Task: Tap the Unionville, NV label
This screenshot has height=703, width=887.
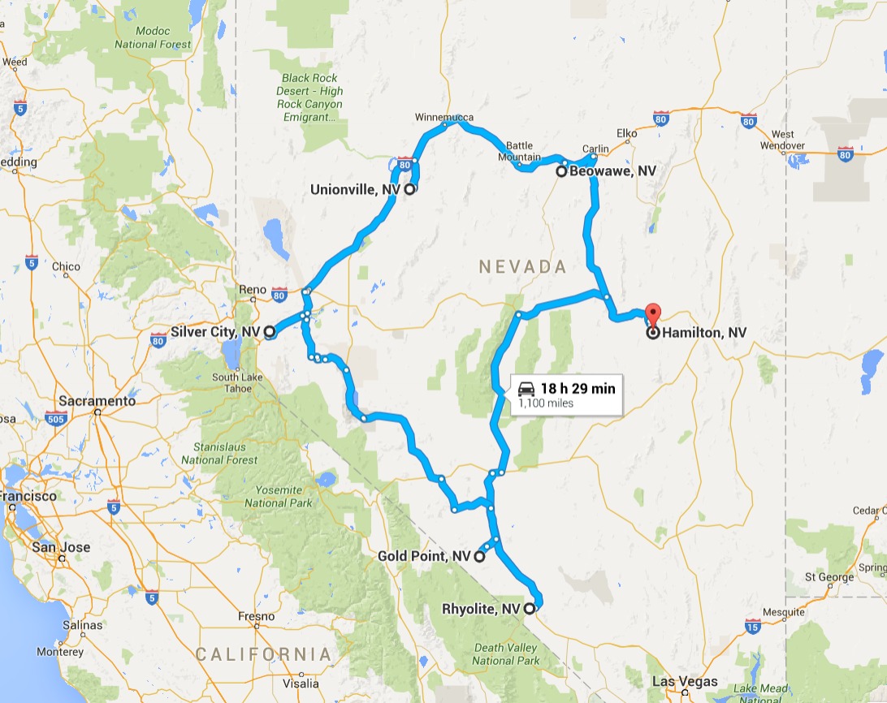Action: pos(357,189)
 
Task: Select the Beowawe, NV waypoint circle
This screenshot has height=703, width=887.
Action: pos(560,171)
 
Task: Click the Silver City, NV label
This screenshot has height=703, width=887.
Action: pos(216,332)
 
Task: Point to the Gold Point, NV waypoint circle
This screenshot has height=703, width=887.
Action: pos(479,557)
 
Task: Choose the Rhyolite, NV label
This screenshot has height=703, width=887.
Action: pos(481,608)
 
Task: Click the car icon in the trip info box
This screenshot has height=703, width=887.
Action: pos(526,388)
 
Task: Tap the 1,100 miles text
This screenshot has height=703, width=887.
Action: pos(546,403)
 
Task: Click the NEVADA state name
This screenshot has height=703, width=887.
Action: pos(521,266)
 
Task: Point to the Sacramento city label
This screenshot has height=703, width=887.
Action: pos(97,401)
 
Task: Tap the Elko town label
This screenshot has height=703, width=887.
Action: pos(627,132)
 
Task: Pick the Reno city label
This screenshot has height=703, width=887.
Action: pos(253,289)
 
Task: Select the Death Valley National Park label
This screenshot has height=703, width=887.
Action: pos(506,654)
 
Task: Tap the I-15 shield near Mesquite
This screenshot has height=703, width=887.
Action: pos(752,625)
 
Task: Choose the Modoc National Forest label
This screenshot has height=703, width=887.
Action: pos(153,38)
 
